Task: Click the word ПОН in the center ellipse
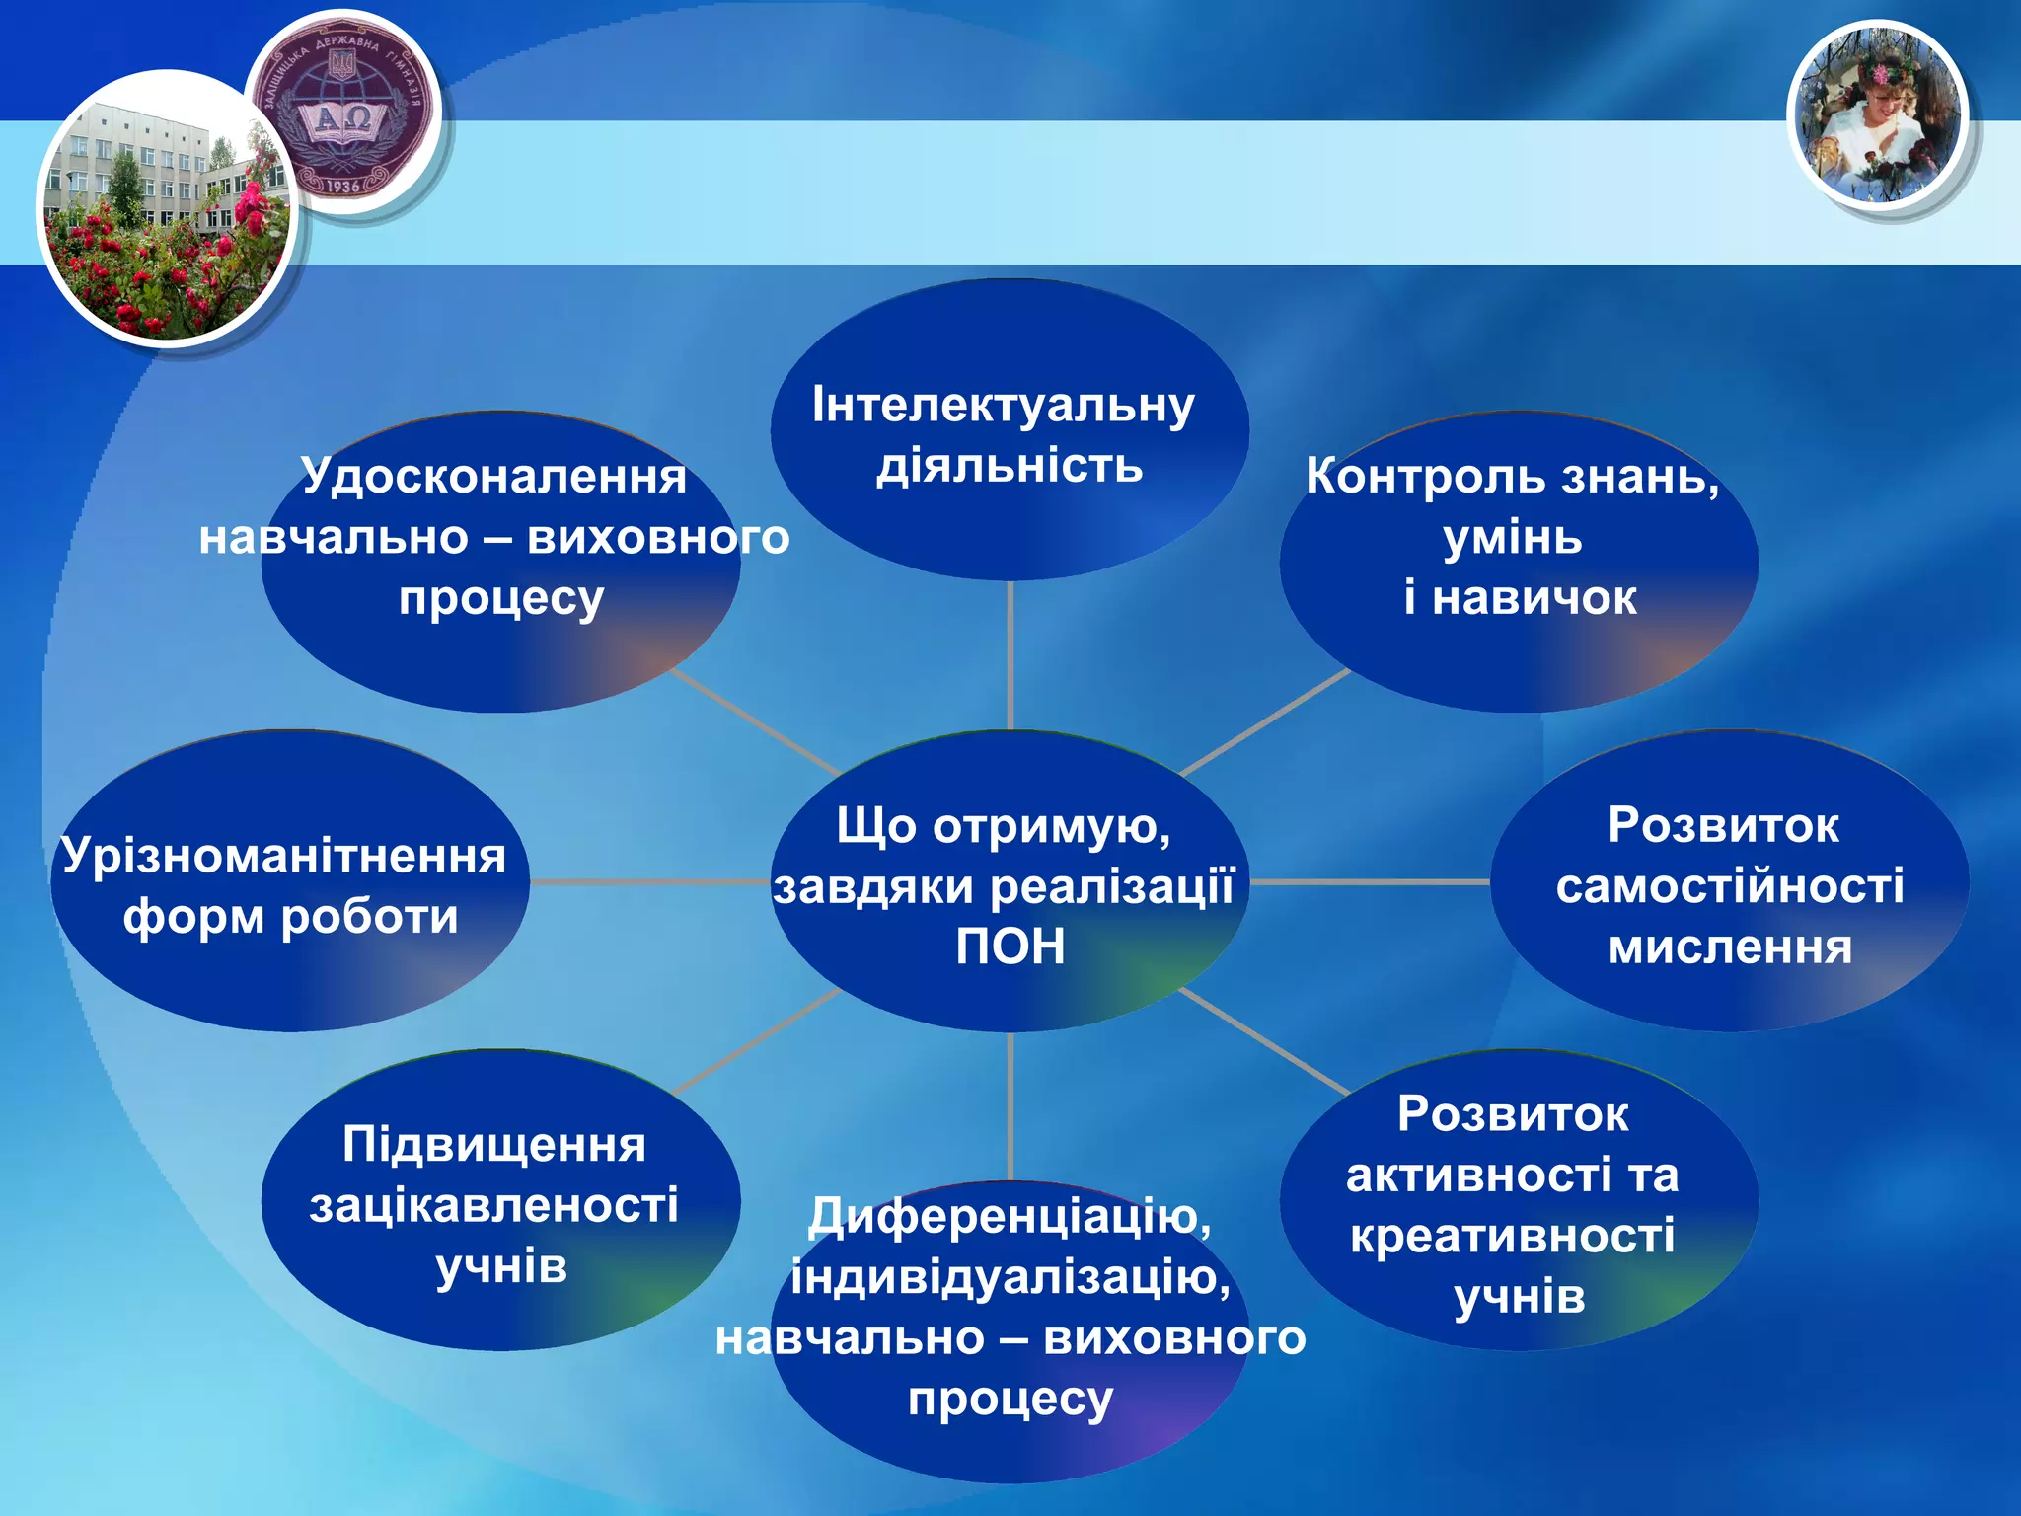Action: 1010,947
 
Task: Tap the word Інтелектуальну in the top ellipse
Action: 1003,406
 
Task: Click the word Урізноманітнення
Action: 283,856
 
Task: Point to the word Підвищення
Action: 493,1145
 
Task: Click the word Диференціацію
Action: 1005,1216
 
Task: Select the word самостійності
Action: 1730,885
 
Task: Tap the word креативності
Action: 1512,1236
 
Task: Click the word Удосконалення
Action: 493,477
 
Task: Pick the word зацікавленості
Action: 493,1205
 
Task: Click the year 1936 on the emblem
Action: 342,186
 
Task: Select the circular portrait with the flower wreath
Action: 1877,116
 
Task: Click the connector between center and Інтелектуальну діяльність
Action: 1010,656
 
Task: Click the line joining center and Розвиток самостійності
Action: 1372,881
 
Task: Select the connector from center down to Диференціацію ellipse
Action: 1010,1105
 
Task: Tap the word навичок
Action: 1534,598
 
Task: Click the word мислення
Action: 1730,947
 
